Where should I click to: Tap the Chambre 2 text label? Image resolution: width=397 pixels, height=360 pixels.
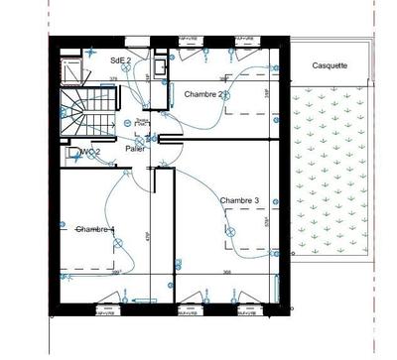(x=206, y=94)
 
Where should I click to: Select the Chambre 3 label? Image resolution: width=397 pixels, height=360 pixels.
(x=240, y=200)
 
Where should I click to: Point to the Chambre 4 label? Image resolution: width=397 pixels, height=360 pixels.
(x=95, y=229)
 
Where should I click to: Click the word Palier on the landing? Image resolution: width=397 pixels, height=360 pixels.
(x=136, y=148)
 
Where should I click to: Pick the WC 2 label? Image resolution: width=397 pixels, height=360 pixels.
(x=90, y=152)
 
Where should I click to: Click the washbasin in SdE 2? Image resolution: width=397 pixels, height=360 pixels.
(x=163, y=64)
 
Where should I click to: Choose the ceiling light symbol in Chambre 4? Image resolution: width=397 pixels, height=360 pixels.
(x=65, y=227)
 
